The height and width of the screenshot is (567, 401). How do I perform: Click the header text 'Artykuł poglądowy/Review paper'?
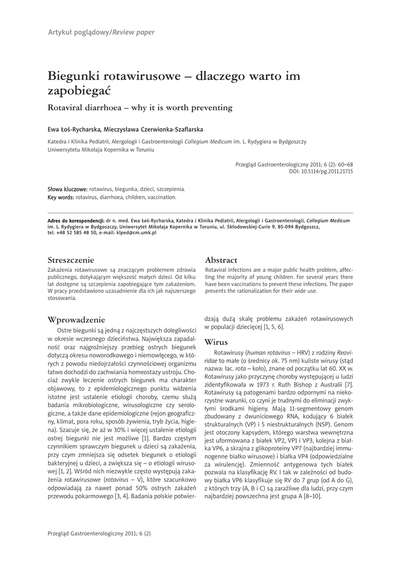pyautogui.click(x=101, y=32)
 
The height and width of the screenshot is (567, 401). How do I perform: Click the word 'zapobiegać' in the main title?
pyautogui.click(x=79, y=90)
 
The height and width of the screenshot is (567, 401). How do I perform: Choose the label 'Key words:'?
pyautogui.click(x=61, y=197)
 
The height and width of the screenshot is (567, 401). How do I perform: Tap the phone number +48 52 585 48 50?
pyautogui.click(x=74, y=233)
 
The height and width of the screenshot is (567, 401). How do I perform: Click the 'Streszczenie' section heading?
pyautogui.click(x=71, y=260)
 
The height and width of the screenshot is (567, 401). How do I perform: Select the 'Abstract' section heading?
pyautogui.click(x=221, y=260)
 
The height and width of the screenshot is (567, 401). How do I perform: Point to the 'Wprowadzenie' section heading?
pyautogui.click(x=76, y=319)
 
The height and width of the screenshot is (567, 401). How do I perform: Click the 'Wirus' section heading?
pyautogui.click(x=216, y=342)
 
